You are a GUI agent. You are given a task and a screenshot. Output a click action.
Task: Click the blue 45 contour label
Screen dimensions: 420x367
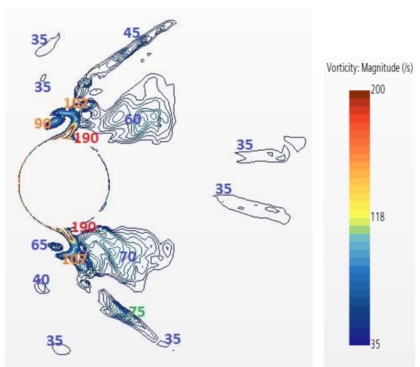click(x=131, y=33)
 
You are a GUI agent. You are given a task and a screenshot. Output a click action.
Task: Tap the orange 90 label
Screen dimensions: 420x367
click(x=42, y=123)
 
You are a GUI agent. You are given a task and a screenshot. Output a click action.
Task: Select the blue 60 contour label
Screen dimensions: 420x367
click(x=133, y=119)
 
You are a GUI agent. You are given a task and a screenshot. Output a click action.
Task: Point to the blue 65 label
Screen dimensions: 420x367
click(x=39, y=245)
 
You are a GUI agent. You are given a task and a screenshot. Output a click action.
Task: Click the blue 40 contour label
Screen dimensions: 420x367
click(x=41, y=279)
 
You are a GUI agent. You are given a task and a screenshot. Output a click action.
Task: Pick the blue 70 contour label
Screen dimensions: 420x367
click(x=128, y=257)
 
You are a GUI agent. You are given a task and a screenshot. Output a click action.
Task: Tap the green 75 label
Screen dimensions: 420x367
click(x=137, y=312)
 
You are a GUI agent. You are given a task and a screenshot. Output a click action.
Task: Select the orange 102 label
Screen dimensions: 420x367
click(x=76, y=103)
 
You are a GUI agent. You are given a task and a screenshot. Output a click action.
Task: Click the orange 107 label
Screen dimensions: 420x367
click(x=74, y=259)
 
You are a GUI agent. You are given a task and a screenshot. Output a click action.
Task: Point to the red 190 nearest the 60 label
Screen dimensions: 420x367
click(x=86, y=138)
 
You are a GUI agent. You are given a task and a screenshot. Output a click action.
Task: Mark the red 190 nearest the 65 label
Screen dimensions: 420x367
click(x=84, y=227)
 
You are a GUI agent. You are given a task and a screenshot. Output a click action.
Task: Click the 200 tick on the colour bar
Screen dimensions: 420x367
click(x=378, y=89)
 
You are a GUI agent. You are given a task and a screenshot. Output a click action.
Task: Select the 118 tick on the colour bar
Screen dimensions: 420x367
click(x=378, y=217)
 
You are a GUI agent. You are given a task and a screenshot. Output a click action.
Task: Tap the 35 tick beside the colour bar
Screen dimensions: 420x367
click(x=375, y=344)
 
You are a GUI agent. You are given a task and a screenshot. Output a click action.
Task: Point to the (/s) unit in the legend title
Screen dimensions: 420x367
click(x=407, y=68)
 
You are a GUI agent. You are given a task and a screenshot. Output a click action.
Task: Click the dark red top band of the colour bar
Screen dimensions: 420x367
click(x=359, y=94)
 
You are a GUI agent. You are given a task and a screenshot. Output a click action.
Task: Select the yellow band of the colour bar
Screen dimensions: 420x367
click(x=359, y=214)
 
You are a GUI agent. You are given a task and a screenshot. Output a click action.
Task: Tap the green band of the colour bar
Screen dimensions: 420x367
click(x=359, y=230)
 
